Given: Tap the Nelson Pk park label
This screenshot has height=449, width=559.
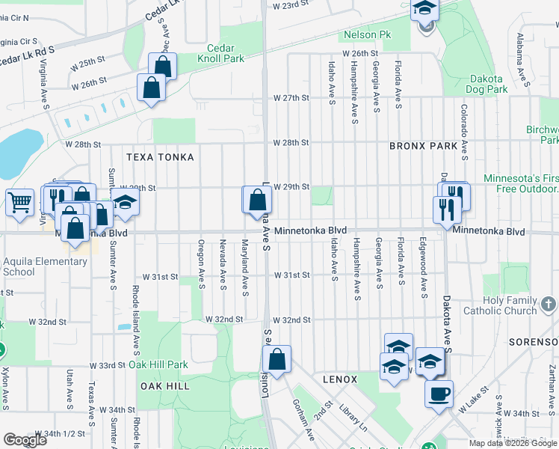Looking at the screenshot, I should pos(367,34).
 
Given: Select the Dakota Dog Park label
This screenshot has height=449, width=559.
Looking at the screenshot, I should pos(488,84).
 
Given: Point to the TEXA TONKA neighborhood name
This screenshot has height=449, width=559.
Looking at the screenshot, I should pos(160,157).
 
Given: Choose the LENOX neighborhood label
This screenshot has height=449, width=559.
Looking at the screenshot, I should pos(340,379).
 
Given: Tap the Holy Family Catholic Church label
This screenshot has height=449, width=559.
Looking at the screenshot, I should pos(500,305).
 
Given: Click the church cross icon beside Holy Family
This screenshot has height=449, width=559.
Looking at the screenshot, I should pos(549,304).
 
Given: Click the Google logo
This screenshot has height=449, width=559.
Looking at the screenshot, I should pos(25,440).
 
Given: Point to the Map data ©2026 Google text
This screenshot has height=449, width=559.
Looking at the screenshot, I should pos(513,443).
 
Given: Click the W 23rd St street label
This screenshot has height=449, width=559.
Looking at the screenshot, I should pos(291,5).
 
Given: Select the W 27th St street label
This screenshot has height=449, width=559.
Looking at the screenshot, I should pos(291,98).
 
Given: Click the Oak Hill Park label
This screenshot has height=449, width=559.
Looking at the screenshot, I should pos(158,364).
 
